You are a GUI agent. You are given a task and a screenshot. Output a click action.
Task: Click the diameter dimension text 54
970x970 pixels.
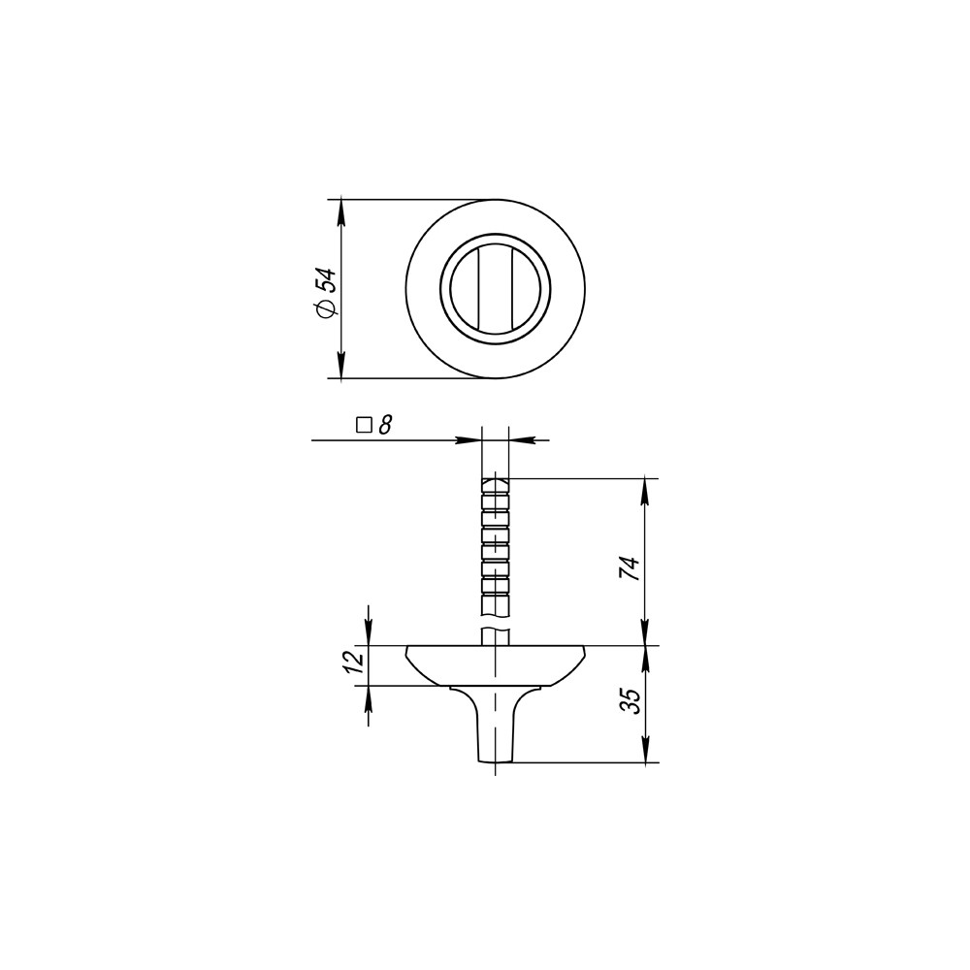[x=326, y=281]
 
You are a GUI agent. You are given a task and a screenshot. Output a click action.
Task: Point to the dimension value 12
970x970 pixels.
[x=354, y=663]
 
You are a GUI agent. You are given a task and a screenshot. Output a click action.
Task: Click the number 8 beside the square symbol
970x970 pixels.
[x=385, y=425]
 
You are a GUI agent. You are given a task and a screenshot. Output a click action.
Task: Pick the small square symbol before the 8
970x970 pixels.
[x=364, y=425]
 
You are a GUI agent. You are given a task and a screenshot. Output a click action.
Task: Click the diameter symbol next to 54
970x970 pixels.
[x=326, y=308]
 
